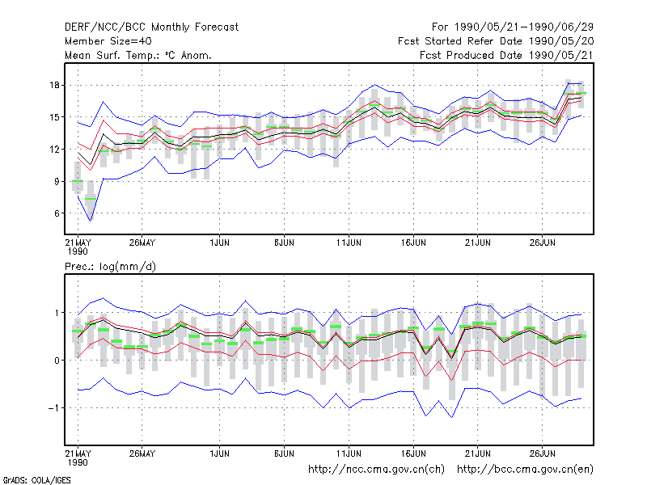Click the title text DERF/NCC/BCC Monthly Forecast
click(x=151, y=27)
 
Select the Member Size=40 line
click(x=108, y=41)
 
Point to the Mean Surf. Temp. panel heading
click(x=137, y=55)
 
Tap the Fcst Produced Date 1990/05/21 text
click(x=506, y=55)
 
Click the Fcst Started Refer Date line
click(x=496, y=41)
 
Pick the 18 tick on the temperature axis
click(x=54, y=86)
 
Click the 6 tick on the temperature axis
click(x=57, y=213)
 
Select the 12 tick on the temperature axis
click(x=54, y=150)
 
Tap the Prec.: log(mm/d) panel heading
click(x=110, y=267)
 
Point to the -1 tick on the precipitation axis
click(x=53, y=408)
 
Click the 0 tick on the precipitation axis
click(x=57, y=361)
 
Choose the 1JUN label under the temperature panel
click(x=219, y=243)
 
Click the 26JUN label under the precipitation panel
click(x=542, y=453)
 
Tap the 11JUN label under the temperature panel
click(x=349, y=243)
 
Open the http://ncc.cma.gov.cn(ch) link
click(x=376, y=470)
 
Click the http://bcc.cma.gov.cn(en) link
click(x=525, y=470)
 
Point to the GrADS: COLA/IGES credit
click(x=36, y=480)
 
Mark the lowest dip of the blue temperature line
click(x=91, y=221)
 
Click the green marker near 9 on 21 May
click(x=78, y=181)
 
